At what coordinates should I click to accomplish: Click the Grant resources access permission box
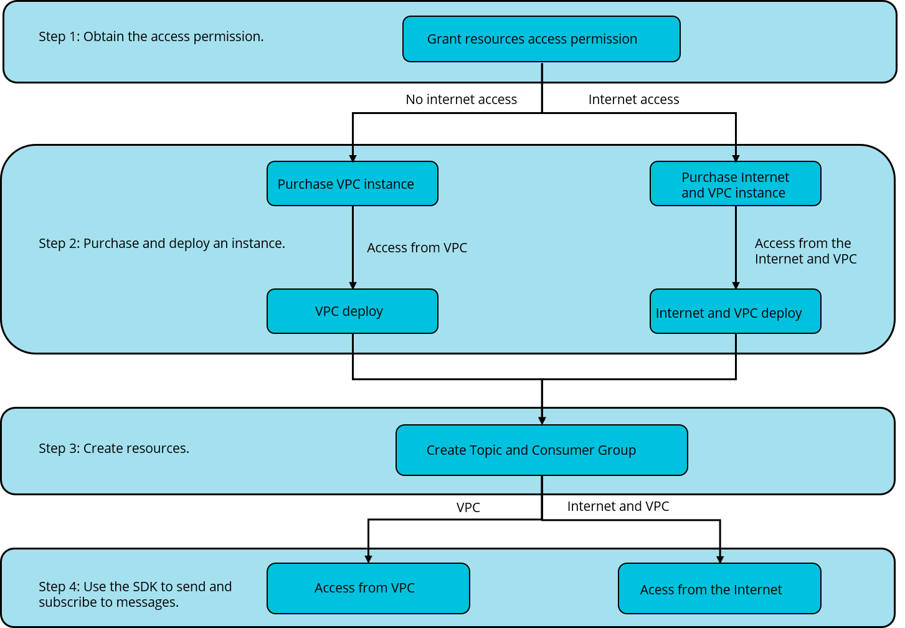click(x=541, y=39)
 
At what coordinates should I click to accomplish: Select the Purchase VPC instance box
click(x=352, y=184)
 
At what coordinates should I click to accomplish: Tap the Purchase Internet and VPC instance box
click(x=735, y=184)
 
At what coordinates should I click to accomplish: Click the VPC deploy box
click(x=352, y=311)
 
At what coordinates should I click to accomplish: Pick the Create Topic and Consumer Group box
click(x=541, y=450)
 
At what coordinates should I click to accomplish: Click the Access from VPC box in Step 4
click(x=368, y=588)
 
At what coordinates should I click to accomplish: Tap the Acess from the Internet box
click(x=719, y=589)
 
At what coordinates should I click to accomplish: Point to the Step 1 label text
click(x=151, y=37)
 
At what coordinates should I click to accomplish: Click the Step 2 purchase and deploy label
click(x=162, y=244)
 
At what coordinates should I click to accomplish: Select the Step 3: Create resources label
click(x=114, y=449)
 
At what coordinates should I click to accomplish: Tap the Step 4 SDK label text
click(x=135, y=594)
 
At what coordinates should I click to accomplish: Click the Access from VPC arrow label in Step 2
click(x=417, y=248)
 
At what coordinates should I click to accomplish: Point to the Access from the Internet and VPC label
click(x=805, y=251)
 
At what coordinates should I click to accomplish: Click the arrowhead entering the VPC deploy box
click(x=353, y=285)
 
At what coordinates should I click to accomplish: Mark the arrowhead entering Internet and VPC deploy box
click(x=736, y=285)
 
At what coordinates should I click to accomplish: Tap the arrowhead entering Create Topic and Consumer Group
click(x=542, y=421)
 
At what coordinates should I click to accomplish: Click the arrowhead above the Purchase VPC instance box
click(x=353, y=158)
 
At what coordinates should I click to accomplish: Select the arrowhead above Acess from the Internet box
click(x=720, y=559)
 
